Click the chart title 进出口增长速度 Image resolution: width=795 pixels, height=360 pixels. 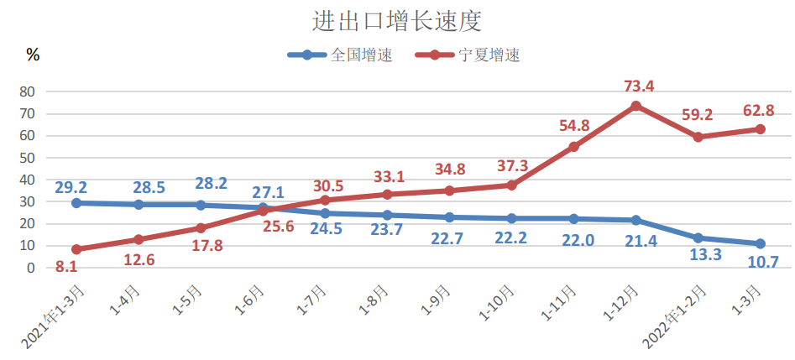click(397, 21)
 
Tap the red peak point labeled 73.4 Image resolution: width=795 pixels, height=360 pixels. click(635, 106)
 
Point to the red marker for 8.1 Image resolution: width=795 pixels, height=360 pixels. click(76, 249)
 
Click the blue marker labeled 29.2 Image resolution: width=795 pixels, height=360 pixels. click(76, 203)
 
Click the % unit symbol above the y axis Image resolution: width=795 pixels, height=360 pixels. click(33, 55)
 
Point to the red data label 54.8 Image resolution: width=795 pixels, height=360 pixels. click(574, 126)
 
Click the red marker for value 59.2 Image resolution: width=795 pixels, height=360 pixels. click(698, 137)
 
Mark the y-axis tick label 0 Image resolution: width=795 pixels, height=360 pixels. click(30, 268)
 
